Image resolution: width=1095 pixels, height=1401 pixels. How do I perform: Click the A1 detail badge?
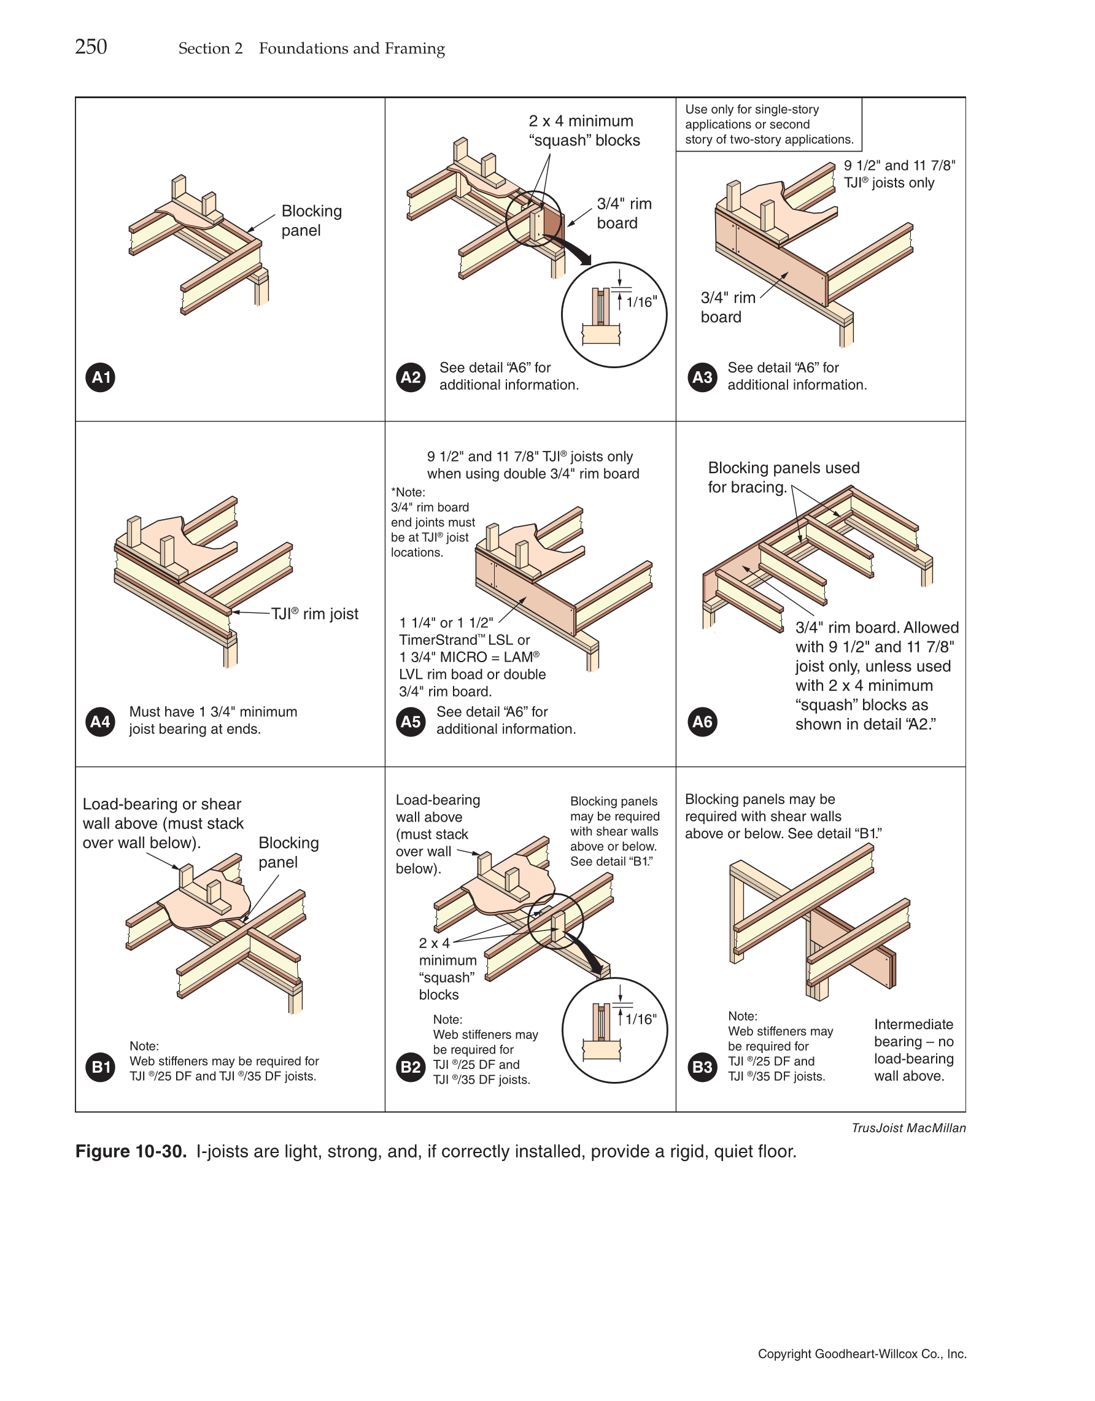pyautogui.click(x=101, y=377)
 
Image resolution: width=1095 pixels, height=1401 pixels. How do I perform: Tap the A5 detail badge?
pyautogui.click(x=411, y=722)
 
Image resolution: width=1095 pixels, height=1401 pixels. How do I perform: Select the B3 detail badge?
pyautogui.click(x=702, y=1067)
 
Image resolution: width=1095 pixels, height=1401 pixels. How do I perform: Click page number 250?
pyautogui.click(x=91, y=47)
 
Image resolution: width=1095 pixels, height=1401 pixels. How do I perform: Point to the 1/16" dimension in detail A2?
pyautogui.click(x=641, y=301)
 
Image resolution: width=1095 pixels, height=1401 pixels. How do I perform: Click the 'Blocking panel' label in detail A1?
pyautogui.click(x=311, y=220)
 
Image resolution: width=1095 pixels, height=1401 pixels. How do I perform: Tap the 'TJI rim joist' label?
pyautogui.click(x=314, y=614)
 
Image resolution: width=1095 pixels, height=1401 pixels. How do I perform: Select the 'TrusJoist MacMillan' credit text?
pyautogui.click(x=908, y=1128)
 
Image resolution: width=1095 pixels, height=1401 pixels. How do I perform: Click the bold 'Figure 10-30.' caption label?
pyautogui.click(x=131, y=1151)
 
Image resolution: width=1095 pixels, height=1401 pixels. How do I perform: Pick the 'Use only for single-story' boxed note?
pyautogui.click(x=768, y=125)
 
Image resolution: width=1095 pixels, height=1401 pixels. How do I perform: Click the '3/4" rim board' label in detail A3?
pyautogui.click(x=727, y=307)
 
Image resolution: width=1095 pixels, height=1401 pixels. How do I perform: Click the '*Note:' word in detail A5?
pyautogui.click(x=408, y=492)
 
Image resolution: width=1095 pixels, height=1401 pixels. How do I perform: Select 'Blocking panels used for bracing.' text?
pyautogui.click(x=783, y=477)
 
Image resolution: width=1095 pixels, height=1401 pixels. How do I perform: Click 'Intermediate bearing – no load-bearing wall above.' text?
pyautogui.click(x=913, y=1049)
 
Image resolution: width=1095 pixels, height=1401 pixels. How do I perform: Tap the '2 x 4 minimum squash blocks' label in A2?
pyautogui.click(x=584, y=130)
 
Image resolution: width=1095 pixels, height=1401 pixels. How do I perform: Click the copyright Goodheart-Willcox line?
pyautogui.click(x=862, y=1354)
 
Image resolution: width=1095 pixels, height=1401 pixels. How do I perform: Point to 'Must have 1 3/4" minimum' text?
pyautogui.click(x=213, y=711)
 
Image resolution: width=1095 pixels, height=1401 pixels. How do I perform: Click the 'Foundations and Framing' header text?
pyautogui.click(x=352, y=48)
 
